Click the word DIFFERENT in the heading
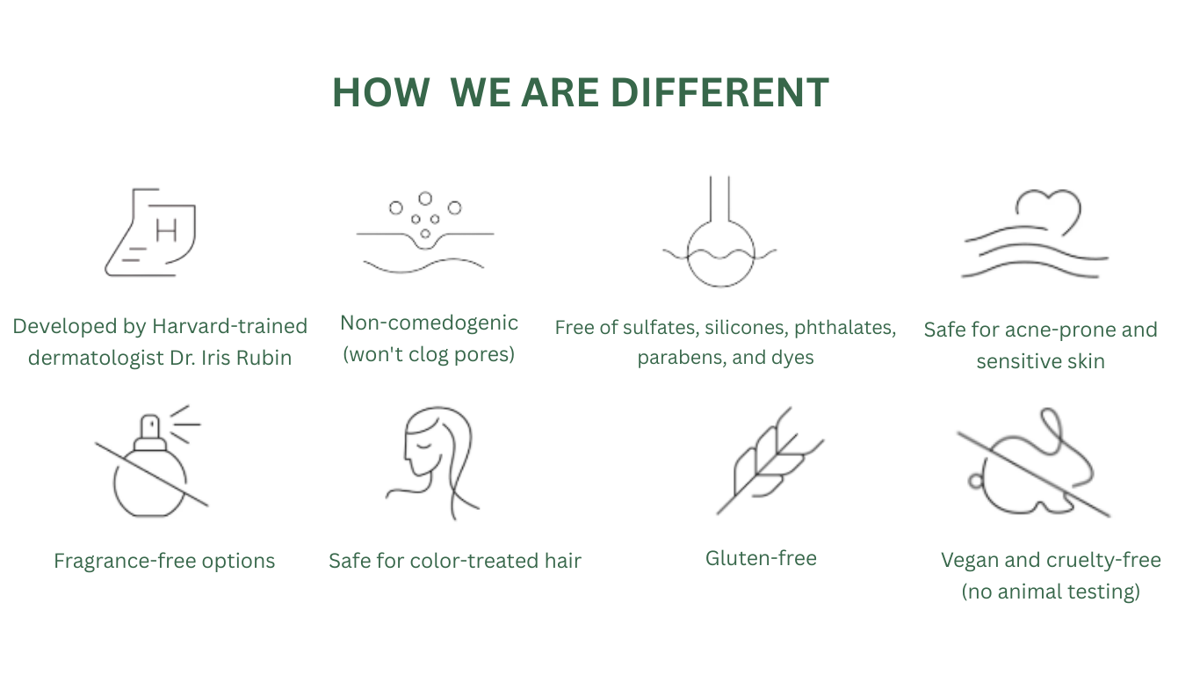coord(720,93)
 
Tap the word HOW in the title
coord(381,93)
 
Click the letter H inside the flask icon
coord(166,231)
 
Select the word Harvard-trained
coord(230,326)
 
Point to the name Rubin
coord(264,358)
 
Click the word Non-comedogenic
coord(429,323)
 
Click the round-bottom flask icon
coord(720,231)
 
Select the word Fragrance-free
coord(125,561)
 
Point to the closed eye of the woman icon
coord(423,445)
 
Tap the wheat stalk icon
coord(770,461)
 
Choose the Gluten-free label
coord(762,558)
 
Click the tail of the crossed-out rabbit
coord(976,481)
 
